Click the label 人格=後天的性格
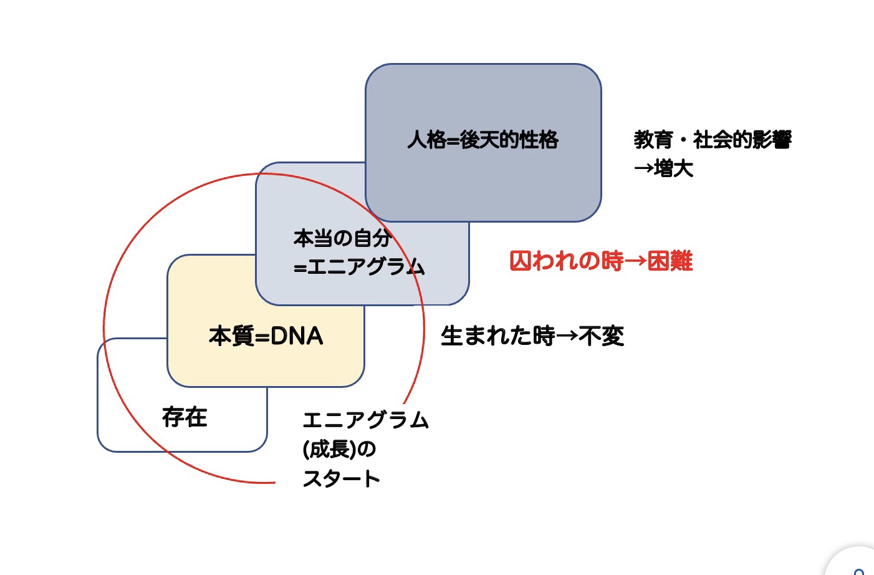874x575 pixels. tap(483, 140)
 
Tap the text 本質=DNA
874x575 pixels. tap(266, 336)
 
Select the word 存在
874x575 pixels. tap(185, 417)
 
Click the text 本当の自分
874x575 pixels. tap(342, 238)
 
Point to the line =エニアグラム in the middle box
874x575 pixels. tap(359, 267)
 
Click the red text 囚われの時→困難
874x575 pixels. tap(600, 261)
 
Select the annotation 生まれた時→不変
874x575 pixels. tap(532, 336)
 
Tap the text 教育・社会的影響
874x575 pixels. tap(712, 140)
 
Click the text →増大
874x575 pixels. tap(663, 168)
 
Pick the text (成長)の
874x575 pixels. tap(339, 449)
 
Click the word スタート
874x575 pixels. tap(341, 479)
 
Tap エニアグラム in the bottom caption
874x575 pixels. tap(366, 420)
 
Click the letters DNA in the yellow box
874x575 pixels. tap(297, 336)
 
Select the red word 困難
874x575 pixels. tap(670, 261)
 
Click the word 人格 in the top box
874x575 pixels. tap(427, 140)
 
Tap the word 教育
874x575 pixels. tap(653, 140)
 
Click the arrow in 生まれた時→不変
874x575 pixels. tap(567, 336)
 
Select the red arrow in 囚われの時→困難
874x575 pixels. tap(635, 261)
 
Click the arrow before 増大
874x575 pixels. tap(643, 168)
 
